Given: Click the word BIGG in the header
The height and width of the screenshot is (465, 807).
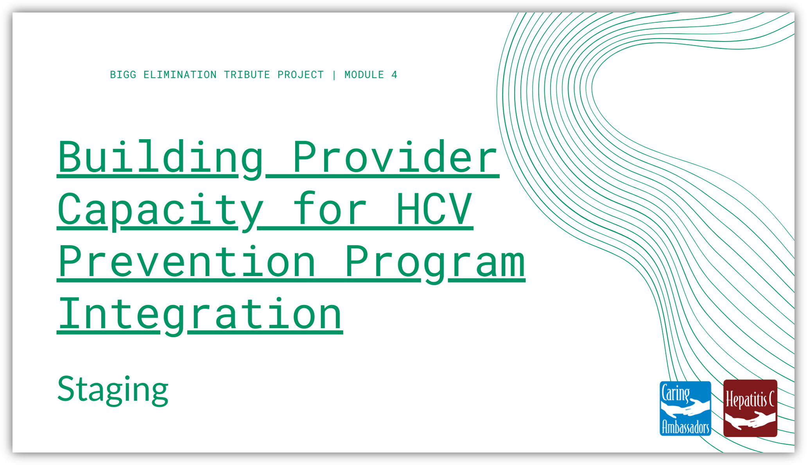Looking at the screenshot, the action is point(123,75).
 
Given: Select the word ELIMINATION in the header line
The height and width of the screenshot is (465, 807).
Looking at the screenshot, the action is point(180,75).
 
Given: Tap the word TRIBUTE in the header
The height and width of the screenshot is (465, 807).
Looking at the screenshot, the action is point(247,75).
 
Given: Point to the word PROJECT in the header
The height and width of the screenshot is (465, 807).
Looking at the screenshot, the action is point(301,75).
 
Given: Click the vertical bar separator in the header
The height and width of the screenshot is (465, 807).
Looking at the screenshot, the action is point(334,75).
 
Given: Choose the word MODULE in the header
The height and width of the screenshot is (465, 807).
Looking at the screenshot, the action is point(364,75).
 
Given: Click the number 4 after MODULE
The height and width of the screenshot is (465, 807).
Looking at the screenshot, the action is point(394,75).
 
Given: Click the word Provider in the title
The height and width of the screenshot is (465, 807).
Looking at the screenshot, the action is point(395,157).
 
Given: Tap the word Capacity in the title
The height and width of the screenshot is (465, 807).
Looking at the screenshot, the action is point(161,210).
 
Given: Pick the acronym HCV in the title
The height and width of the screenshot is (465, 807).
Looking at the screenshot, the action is point(434,210).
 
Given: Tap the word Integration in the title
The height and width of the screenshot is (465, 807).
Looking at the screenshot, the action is point(200,315).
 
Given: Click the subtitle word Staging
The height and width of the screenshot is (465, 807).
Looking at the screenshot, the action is point(113,390).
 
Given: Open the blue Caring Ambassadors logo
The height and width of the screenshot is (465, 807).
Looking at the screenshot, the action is point(685,408).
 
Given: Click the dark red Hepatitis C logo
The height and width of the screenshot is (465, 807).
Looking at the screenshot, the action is point(750,408).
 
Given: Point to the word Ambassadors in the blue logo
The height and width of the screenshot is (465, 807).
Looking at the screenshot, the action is point(685,427).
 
